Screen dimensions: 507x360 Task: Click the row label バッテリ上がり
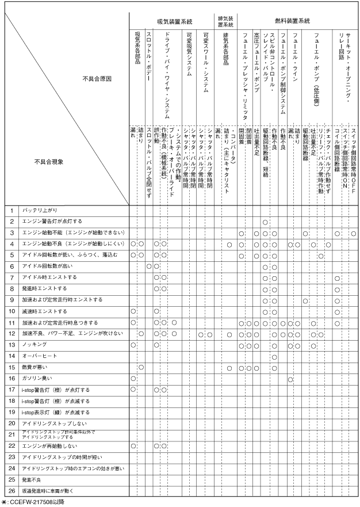[x=40, y=211]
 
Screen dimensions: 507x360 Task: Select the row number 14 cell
[x=11, y=356]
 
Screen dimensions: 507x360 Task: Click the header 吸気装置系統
[x=174, y=21]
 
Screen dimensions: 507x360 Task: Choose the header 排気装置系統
[x=225, y=21]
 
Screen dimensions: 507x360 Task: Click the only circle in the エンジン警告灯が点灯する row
[x=265, y=222]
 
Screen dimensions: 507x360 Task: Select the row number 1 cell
[x=11, y=211]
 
